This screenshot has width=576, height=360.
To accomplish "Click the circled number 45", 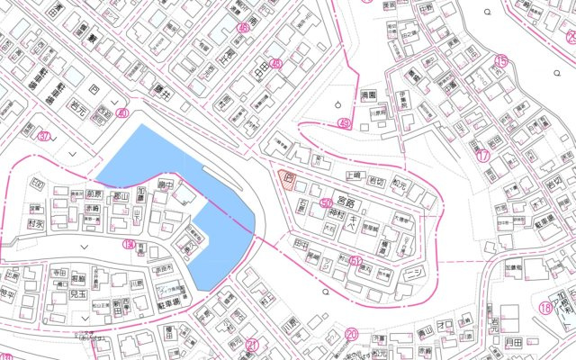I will point(243,28).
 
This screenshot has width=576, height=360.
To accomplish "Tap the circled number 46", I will point(275,64).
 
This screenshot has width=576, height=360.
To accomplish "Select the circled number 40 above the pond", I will point(122,113).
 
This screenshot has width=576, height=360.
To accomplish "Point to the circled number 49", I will point(343,123).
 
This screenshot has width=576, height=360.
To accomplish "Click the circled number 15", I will point(501,61).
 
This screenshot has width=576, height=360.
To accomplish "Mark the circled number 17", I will point(483,155).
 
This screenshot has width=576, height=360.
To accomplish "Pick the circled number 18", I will point(545,308).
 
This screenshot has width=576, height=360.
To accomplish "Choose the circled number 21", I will point(252,345).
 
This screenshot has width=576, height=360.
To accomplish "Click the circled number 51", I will point(356,261).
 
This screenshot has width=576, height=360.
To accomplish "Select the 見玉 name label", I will point(79,294).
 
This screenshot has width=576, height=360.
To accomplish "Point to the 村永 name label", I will point(37,223).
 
